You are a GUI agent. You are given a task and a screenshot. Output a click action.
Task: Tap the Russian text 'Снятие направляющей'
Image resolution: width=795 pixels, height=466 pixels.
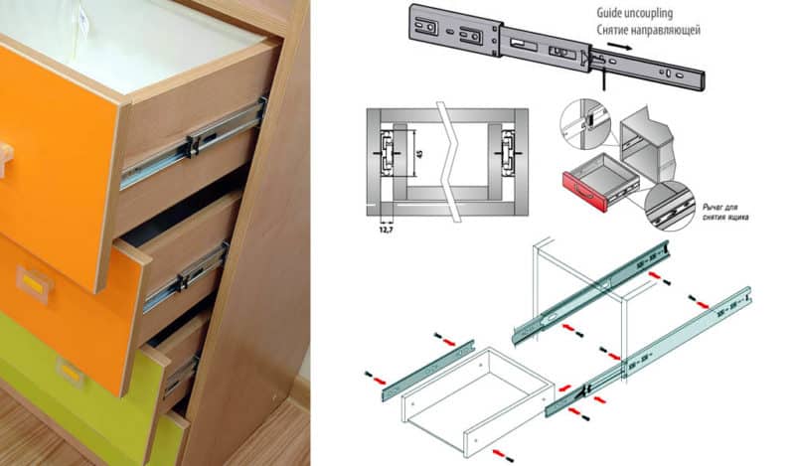(x=649, y=31)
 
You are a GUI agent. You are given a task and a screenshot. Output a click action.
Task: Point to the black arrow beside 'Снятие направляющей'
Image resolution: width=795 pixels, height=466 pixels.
(x=618, y=46)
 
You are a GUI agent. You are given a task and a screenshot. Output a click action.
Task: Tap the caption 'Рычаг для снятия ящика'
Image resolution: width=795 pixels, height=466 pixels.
(x=725, y=210)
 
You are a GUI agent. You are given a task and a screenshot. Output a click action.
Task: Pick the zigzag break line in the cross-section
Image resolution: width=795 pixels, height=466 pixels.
(x=453, y=159)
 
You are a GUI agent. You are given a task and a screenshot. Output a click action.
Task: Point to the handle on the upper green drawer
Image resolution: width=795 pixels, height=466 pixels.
(x=71, y=372)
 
